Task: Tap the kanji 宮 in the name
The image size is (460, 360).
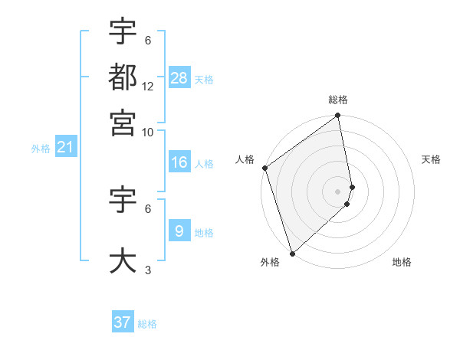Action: coord(123,122)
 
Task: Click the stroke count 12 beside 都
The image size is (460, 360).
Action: coord(148,87)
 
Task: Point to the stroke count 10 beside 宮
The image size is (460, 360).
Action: coord(148,132)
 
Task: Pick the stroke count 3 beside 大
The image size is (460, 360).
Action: coord(148,270)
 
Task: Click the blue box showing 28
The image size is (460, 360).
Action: coord(179,78)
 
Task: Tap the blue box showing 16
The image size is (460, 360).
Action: coord(179,162)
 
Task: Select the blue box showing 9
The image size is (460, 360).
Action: coord(179,231)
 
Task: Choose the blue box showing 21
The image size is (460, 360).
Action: coord(65,147)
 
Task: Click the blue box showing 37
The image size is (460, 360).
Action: coord(123,322)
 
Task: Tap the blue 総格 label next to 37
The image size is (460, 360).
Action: coord(147,324)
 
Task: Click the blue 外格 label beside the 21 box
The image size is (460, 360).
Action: coord(41,149)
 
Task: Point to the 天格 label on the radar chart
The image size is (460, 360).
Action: coord(431,159)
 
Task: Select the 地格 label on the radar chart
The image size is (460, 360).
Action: coord(402,262)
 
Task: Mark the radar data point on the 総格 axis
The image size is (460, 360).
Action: coord(338,116)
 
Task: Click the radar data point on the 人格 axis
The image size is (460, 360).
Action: coord(264,168)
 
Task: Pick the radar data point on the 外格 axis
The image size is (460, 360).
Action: coord(292,253)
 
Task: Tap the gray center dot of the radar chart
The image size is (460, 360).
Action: coord(338,191)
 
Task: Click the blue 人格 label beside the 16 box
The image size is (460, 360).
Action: coord(204,164)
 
